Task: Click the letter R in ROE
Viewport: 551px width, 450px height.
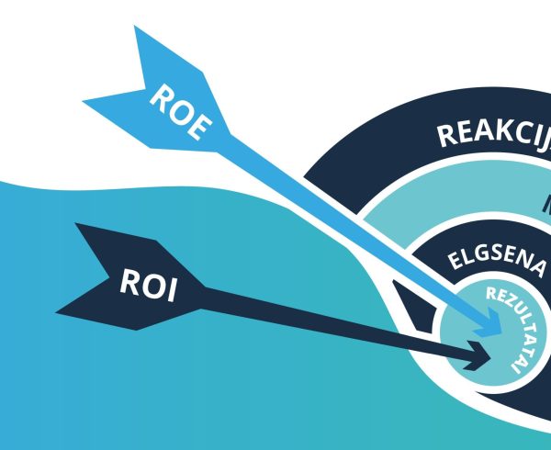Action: (159, 95)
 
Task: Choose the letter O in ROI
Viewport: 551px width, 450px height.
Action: (149, 284)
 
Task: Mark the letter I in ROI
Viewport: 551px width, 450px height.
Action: (170, 289)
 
